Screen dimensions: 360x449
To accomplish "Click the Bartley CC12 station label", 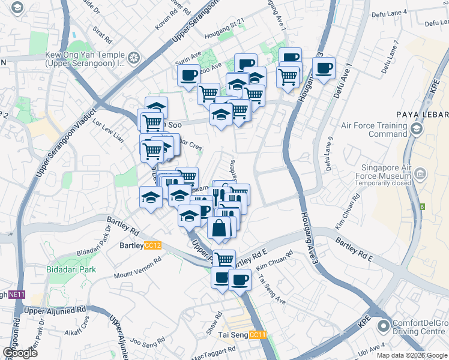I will pyautogui.click(x=141, y=245).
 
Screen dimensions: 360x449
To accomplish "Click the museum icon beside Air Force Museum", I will pyautogui.click(x=420, y=175).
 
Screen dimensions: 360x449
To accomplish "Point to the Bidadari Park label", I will pyautogui.click(x=71, y=269).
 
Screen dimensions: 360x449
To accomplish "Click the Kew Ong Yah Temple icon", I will pyautogui.click(x=133, y=58).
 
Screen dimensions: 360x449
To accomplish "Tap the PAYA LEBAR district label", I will pyautogui.click(x=422, y=115).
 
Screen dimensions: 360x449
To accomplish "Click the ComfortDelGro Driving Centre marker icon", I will pyautogui.click(x=382, y=328).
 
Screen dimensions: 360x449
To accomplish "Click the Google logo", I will pyautogui.click(x=19, y=353).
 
